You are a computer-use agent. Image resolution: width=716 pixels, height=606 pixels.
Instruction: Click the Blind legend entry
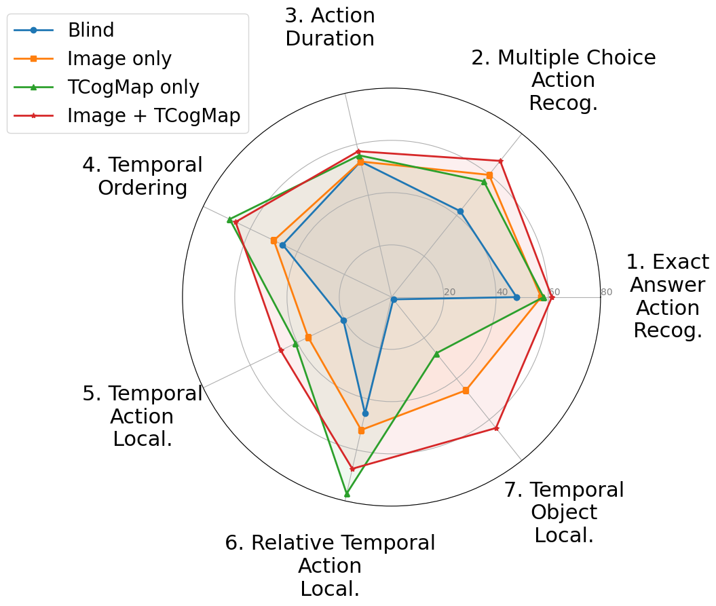[x=90, y=30]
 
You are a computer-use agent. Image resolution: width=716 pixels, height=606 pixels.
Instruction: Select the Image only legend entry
[x=119, y=58]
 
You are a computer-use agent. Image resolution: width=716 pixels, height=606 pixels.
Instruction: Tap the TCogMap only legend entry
[x=133, y=87]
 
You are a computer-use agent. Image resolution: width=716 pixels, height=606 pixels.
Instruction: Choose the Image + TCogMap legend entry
[x=153, y=115]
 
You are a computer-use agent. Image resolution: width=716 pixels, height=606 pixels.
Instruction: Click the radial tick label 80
[x=606, y=292]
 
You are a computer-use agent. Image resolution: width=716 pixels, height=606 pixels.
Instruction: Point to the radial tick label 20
[x=449, y=292]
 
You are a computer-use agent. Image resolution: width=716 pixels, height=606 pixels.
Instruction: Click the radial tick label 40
[x=502, y=292]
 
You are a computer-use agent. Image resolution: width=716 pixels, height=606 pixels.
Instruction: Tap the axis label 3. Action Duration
[x=330, y=27]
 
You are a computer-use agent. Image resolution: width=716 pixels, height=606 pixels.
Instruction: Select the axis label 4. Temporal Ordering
[x=143, y=176]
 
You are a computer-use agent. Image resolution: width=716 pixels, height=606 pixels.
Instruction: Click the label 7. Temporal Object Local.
[x=564, y=512]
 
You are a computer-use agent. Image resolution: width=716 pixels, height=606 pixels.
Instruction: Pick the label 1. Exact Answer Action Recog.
[x=667, y=296]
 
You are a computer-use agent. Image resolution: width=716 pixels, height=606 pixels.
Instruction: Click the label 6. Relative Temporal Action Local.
[x=330, y=565]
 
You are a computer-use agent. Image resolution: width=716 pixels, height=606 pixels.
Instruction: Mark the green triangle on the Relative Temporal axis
[x=347, y=493]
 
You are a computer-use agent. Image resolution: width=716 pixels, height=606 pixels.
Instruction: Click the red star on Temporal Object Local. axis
[x=496, y=428]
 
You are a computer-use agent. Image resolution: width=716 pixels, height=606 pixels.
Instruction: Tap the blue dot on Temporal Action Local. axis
[x=343, y=320]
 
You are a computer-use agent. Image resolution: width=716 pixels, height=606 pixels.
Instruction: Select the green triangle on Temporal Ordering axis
[x=229, y=220]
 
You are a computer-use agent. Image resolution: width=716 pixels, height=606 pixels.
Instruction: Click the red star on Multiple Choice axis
[x=500, y=161]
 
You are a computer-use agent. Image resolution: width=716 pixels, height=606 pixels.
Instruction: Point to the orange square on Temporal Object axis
[x=466, y=390]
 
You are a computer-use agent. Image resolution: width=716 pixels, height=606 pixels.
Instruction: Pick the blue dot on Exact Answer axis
[x=516, y=297]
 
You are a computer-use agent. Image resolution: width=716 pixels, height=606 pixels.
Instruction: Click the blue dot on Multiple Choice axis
[x=460, y=211]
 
